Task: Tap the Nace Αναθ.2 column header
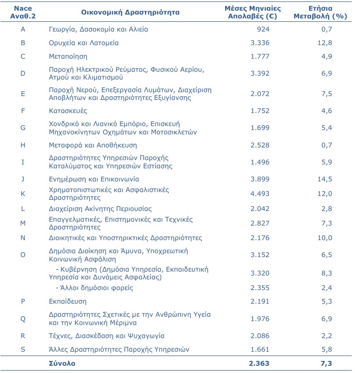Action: tap(23, 12)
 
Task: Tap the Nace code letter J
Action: tap(23, 179)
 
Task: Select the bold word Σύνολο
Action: tap(62, 363)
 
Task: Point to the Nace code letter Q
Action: tap(23, 319)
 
